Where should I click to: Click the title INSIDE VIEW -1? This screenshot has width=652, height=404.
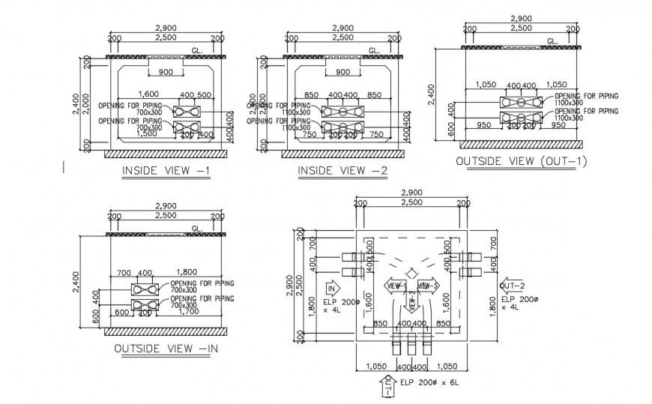point(166,171)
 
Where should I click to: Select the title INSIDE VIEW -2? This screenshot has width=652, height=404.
point(342,171)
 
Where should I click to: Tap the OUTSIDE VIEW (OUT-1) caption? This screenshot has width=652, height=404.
point(522,161)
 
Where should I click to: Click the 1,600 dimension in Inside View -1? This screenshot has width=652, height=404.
point(148,94)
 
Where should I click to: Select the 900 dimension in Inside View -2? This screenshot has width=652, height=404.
point(342,73)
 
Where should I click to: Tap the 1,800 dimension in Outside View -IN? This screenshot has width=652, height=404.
point(187,272)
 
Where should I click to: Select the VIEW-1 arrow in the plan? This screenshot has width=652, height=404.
point(395,285)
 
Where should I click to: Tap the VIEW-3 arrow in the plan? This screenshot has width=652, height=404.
point(427,285)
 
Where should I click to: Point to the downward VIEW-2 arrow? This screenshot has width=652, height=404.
point(411,301)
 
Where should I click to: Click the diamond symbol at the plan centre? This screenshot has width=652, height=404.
point(411,273)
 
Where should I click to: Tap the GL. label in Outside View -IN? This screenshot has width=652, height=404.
point(198,228)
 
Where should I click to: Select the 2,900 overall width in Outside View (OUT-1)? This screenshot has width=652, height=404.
point(521,18)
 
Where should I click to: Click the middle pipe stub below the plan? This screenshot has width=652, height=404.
point(411,346)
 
